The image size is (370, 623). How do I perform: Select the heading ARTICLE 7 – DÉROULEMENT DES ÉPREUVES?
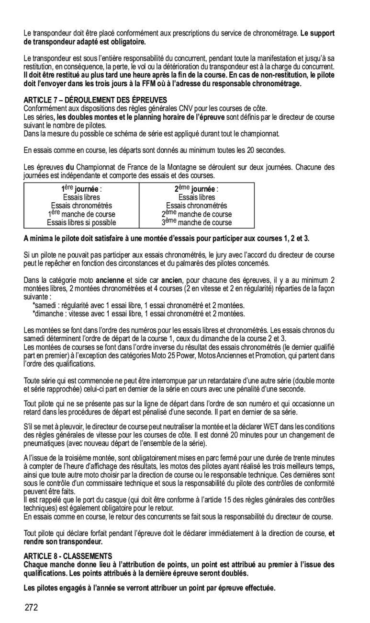95,100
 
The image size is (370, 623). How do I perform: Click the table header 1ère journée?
81,189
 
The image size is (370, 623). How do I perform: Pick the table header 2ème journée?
196,189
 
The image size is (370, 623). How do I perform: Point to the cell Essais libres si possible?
81,222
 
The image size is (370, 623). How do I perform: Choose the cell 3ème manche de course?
196,222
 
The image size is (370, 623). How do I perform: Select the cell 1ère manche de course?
81,214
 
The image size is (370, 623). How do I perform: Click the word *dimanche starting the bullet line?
47,313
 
